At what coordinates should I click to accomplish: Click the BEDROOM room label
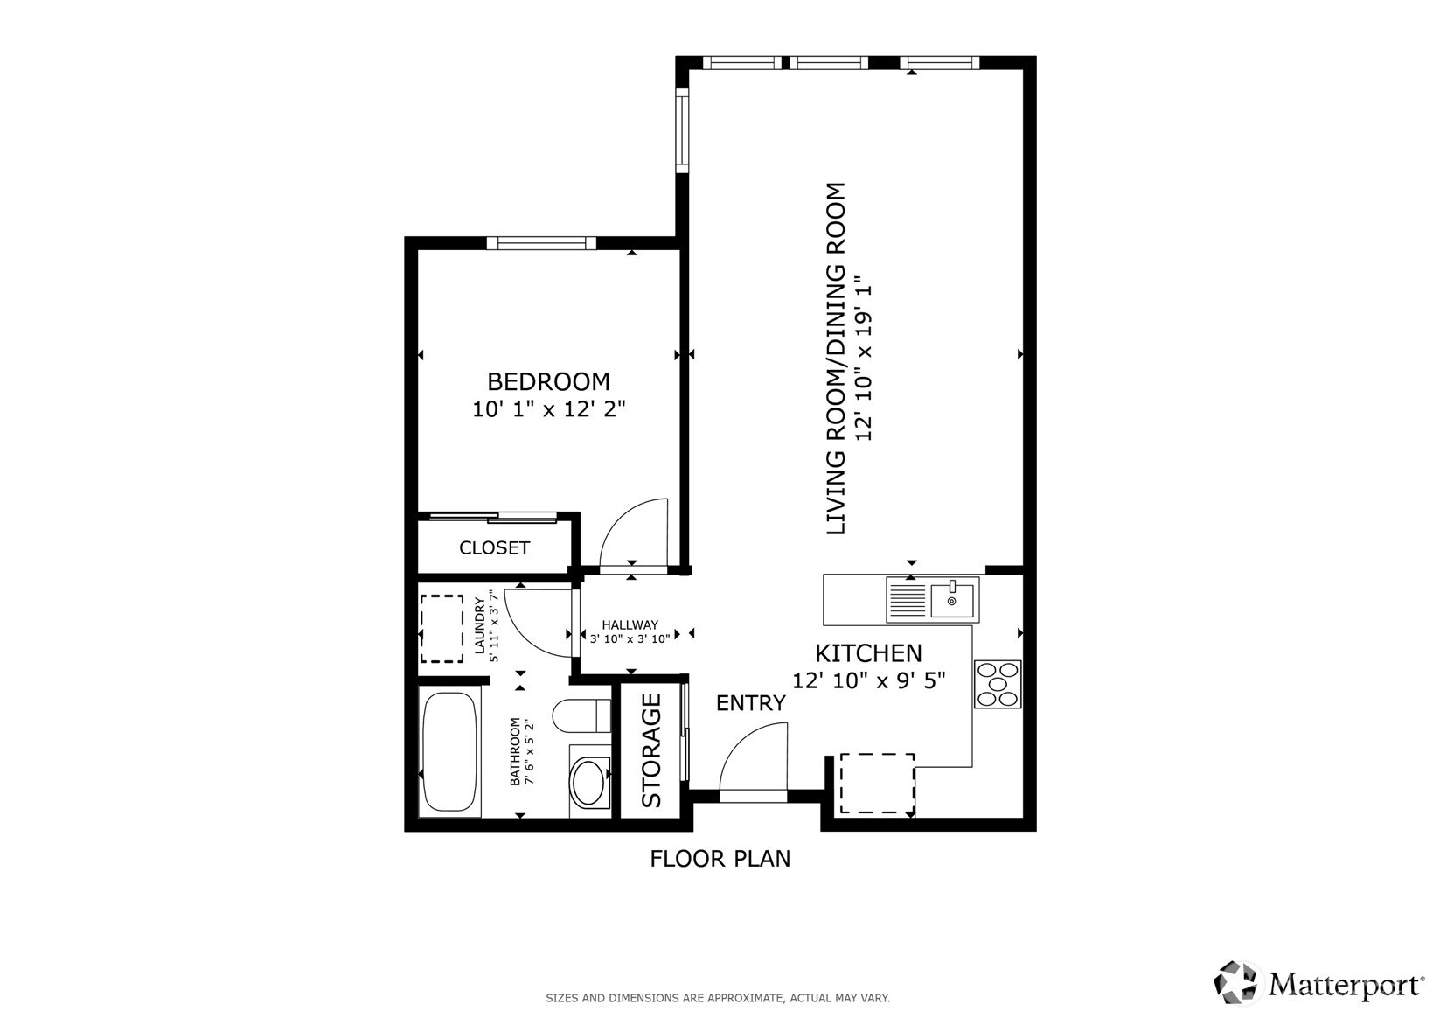(x=548, y=381)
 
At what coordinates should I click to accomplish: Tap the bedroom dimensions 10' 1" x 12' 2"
(x=548, y=408)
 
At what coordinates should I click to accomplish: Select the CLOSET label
(x=494, y=547)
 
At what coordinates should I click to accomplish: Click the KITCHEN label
(x=868, y=653)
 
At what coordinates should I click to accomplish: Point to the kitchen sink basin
(x=952, y=600)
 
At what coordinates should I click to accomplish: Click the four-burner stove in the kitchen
(x=998, y=684)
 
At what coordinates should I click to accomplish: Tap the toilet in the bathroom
(x=581, y=716)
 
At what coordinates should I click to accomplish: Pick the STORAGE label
(x=651, y=750)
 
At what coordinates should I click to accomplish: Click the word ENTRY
(x=750, y=703)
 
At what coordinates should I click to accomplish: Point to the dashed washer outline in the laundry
(x=442, y=629)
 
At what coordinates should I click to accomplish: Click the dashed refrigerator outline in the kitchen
(x=877, y=784)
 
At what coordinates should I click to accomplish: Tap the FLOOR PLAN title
(x=720, y=859)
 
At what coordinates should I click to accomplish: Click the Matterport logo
(x=1318, y=982)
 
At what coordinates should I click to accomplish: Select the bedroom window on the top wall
(x=540, y=243)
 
